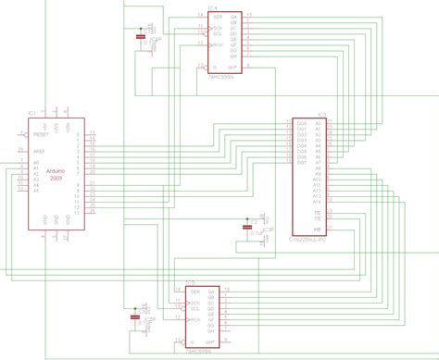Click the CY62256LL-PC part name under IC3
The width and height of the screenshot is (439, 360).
click(308, 239)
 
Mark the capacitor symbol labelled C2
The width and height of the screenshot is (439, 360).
click(246, 226)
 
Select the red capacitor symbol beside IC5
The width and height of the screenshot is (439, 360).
click(137, 317)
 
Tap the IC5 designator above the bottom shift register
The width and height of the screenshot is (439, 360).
click(191, 282)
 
